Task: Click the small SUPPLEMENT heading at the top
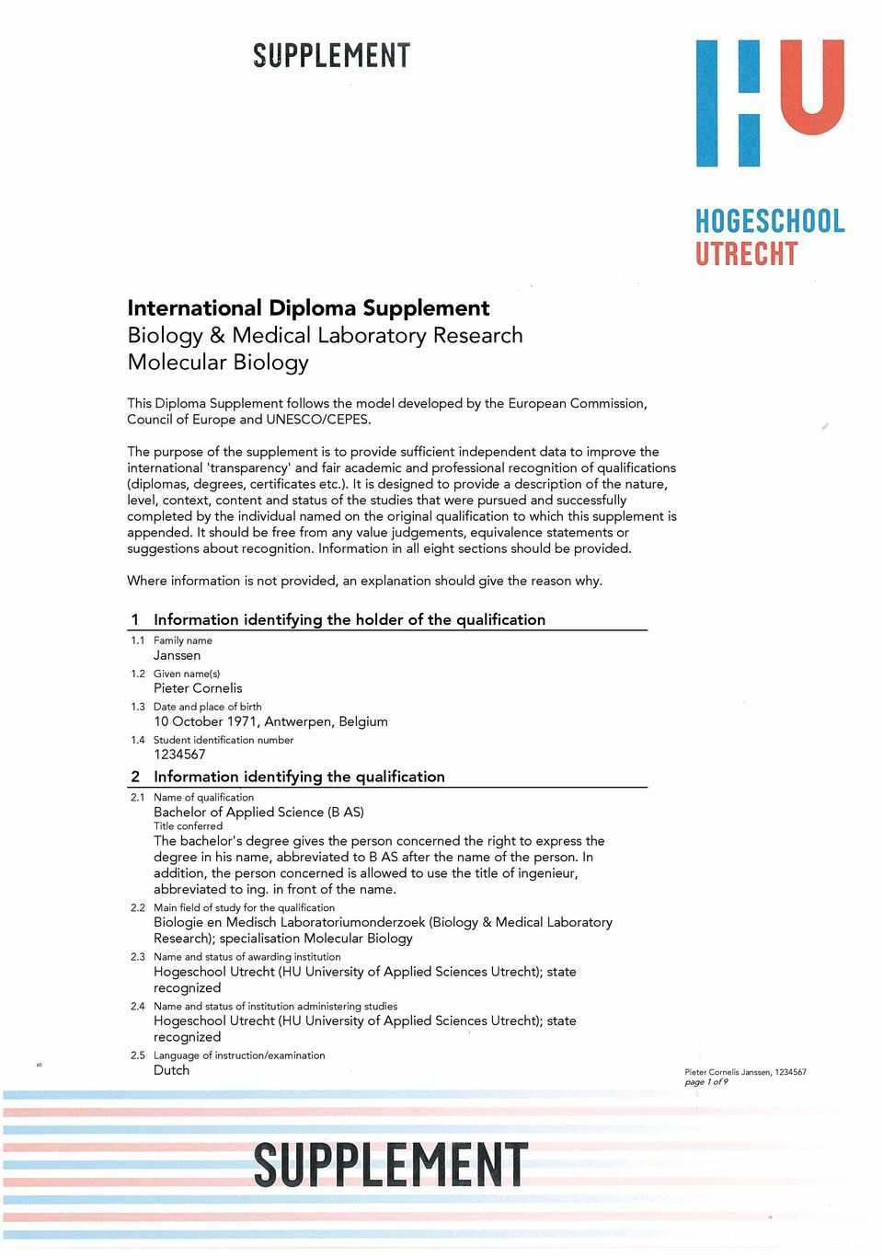pyautogui.click(x=331, y=56)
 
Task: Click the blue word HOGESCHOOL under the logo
pyautogui.click(x=770, y=222)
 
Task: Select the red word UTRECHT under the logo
pyautogui.click(x=746, y=253)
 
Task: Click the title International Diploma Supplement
pyautogui.click(x=308, y=307)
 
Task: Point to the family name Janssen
pyautogui.click(x=177, y=655)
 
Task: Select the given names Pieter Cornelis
pyautogui.click(x=198, y=688)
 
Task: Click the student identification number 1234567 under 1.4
pyautogui.click(x=179, y=755)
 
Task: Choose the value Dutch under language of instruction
pyautogui.click(x=171, y=1070)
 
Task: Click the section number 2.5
pyautogui.click(x=138, y=1055)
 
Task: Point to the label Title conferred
pyautogui.click(x=188, y=826)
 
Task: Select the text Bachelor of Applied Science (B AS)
pyautogui.click(x=258, y=812)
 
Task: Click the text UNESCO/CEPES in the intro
pyautogui.click(x=317, y=420)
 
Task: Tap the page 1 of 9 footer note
pyautogui.click(x=706, y=1082)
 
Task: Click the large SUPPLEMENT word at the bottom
pyautogui.click(x=391, y=1165)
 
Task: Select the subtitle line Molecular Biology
pyautogui.click(x=218, y=362)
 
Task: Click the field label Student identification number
pyautogui.click(x=224, y=740)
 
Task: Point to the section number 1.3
pyautogui.click(x=138, y=707)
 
